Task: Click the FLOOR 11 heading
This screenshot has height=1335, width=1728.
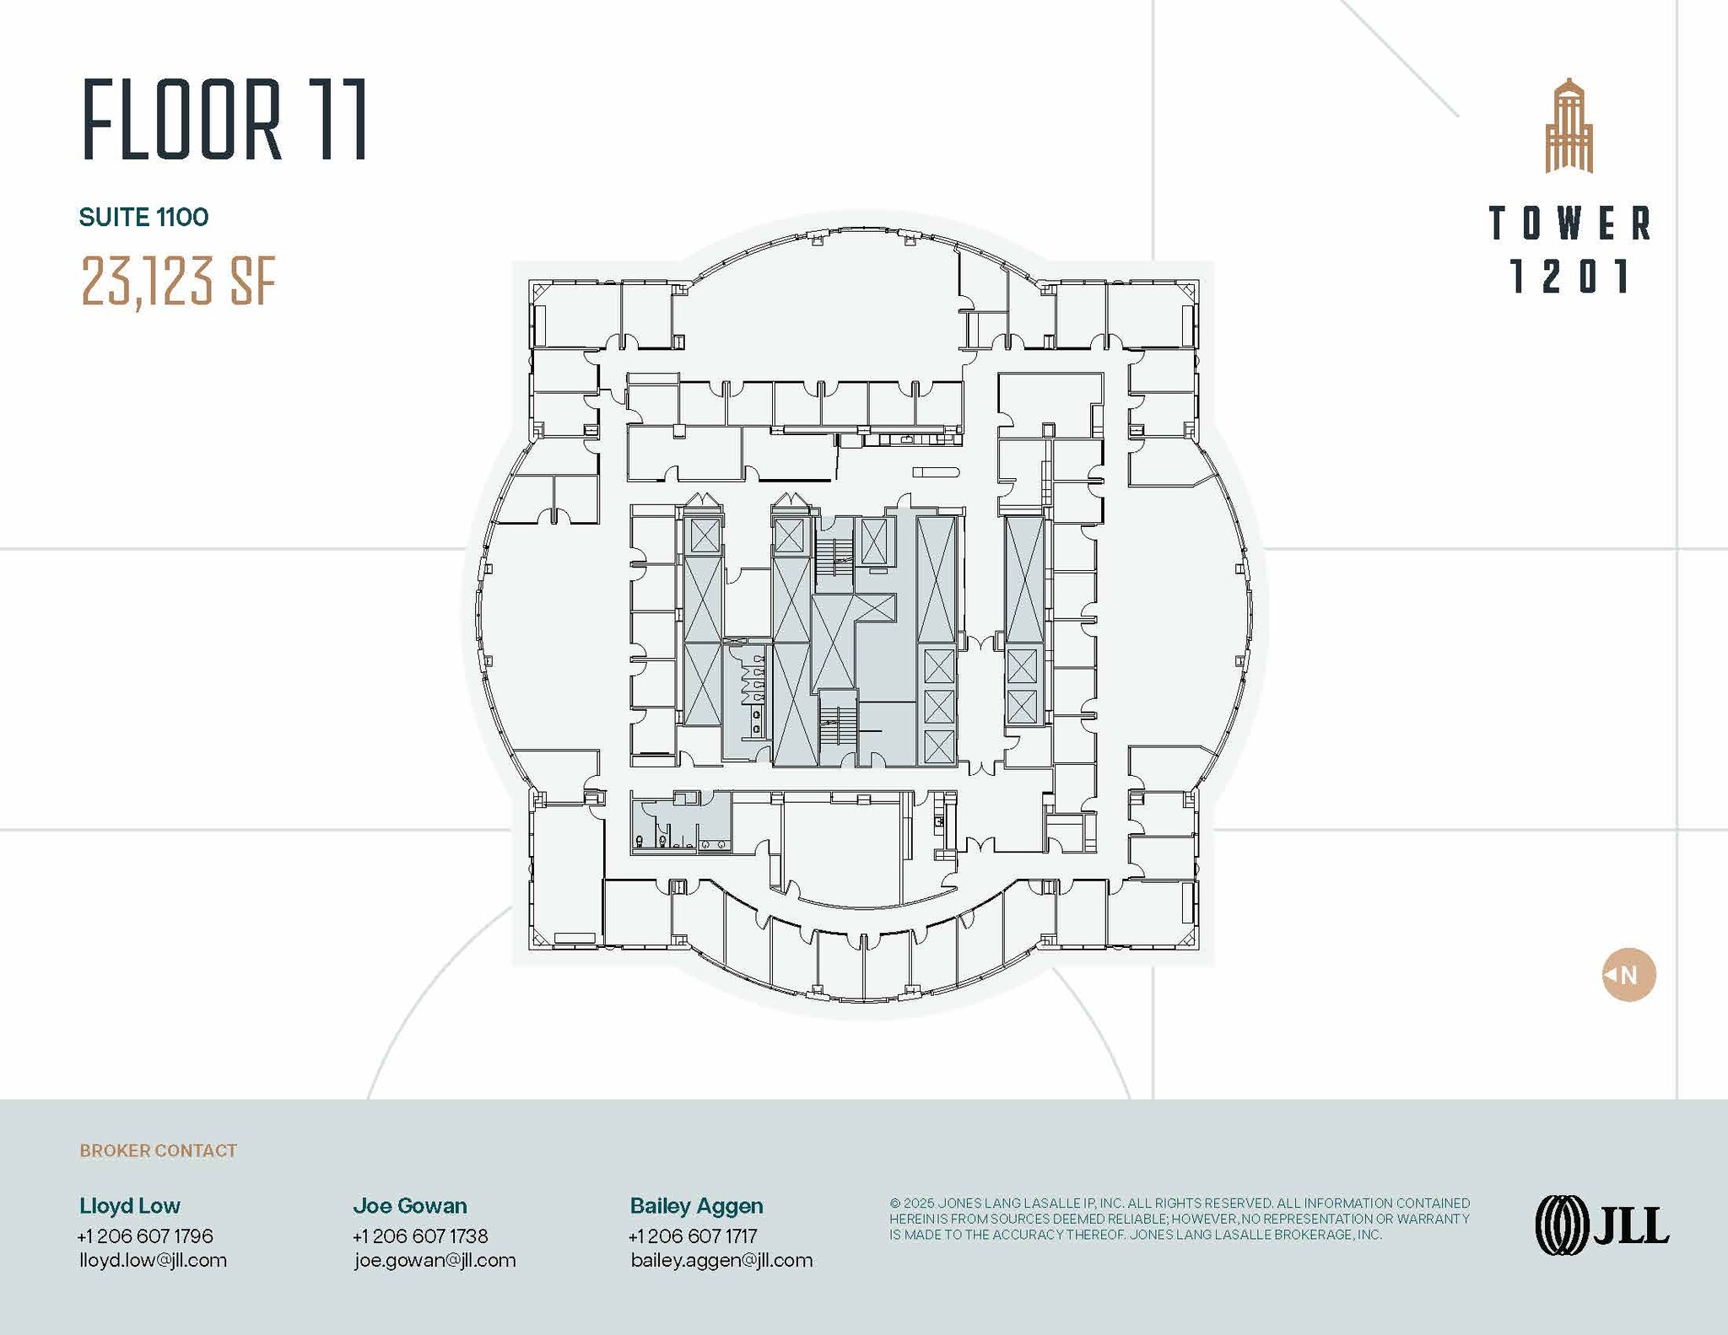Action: (x=224, y=120)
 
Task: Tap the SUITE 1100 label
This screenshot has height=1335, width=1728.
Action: (x=143, y=218)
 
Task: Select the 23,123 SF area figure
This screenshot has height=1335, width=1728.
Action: (x=179, y=282)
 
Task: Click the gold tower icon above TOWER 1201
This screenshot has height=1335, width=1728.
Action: (x=1569, y=127)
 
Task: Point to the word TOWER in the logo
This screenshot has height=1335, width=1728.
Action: (x=1569, y=223)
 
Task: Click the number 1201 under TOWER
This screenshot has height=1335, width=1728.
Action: (x=1569, y=277)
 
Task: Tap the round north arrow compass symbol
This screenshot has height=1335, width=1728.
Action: (x=1628, y=975)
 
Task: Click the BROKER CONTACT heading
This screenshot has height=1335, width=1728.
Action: (x=158, y=1150)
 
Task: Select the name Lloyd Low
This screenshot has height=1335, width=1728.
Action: (x=130, y=1206)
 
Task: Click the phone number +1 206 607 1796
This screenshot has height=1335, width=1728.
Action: (x=145, y=1236)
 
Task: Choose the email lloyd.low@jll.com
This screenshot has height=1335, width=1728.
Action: (x=153, y=1261)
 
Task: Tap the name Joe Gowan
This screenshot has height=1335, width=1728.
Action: (x=410, y=1206)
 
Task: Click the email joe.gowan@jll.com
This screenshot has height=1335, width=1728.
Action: (x=435, y=1261)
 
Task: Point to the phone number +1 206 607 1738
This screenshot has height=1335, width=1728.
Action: (x=420, y=1236)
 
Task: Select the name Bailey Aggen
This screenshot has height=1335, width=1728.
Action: (x=696, y=1206)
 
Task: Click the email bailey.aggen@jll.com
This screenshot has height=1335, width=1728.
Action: (x=721, y=1261)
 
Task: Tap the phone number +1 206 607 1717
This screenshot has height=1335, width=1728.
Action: (x=693, y=1236)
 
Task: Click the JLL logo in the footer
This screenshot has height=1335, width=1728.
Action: (x=1601, y=1225)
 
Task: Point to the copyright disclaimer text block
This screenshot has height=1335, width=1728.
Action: (x=1179, y=1219)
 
